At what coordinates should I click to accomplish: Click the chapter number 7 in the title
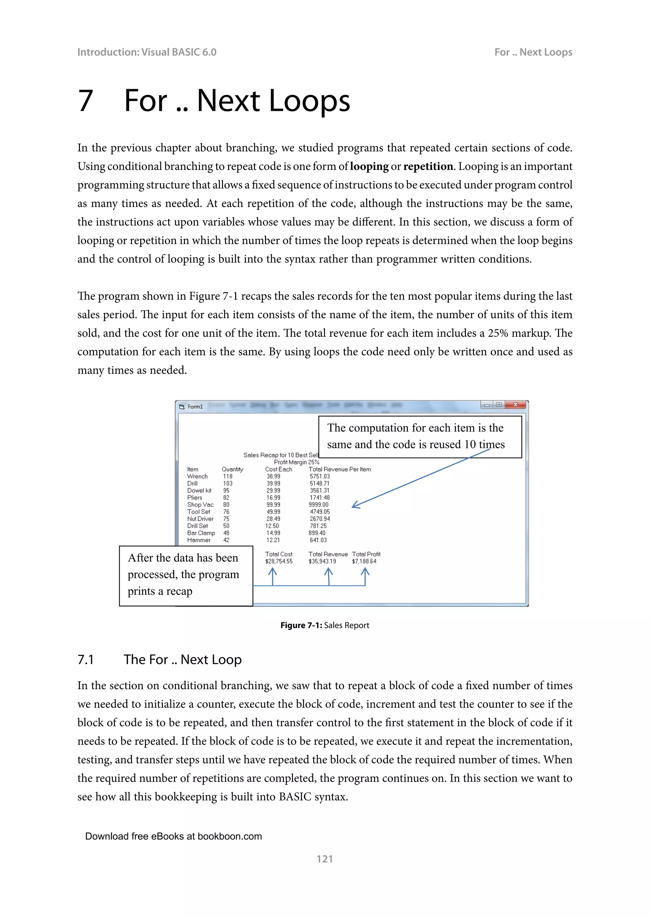86,101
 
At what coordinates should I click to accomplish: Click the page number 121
325,859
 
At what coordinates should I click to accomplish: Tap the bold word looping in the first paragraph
369,166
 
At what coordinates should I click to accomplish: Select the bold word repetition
428,166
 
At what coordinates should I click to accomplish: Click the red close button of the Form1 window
515,404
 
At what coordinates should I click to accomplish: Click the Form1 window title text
195,407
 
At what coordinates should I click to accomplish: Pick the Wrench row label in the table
197,476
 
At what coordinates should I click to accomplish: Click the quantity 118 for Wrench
228,476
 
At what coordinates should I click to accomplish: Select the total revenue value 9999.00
319,505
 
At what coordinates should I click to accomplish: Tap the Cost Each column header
279,469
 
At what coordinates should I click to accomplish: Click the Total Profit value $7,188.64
364,561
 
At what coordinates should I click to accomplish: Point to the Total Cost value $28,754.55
279,561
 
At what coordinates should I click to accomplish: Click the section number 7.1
86,660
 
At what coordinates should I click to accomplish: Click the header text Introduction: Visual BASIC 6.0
147,52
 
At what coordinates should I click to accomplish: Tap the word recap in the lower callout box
179,591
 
